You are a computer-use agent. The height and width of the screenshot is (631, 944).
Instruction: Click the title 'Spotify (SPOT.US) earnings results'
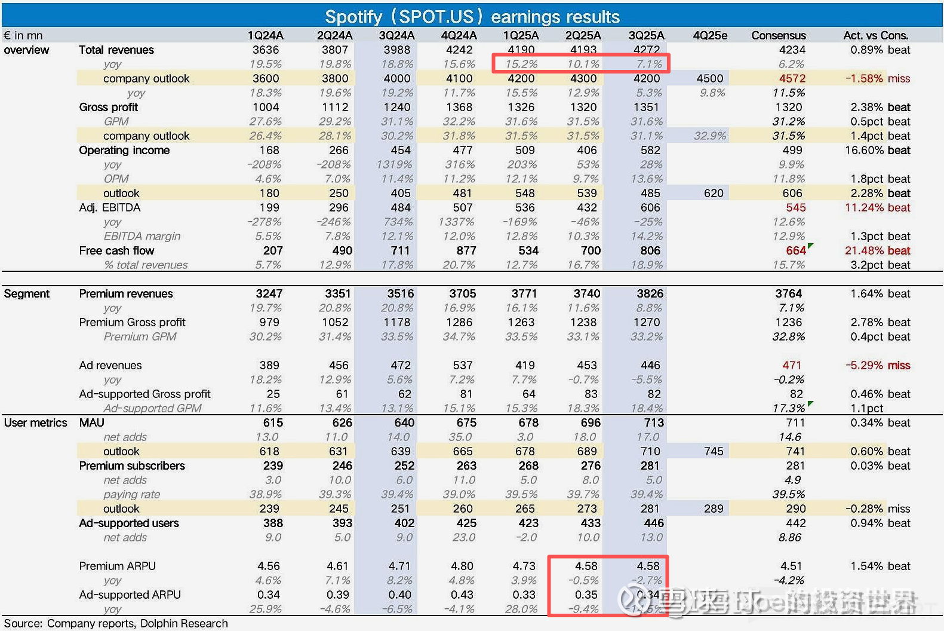(x=472, y=16)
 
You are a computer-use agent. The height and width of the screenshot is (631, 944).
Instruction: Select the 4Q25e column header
(x=710, y=35)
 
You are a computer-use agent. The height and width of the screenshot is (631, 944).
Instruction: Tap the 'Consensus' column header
(x=778, y=35)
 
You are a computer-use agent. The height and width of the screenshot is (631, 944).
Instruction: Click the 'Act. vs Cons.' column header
(x=875, y=35)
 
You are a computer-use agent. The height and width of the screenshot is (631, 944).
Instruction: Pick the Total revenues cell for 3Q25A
(x=647, y=50)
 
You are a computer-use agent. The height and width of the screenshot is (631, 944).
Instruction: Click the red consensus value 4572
(x=792, y=78)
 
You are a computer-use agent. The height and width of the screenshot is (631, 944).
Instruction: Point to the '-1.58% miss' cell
(x=878, y=78)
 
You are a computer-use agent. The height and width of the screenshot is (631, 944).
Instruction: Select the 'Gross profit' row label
(x=108, y=107)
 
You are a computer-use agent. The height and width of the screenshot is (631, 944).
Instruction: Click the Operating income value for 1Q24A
(x=269, y=150)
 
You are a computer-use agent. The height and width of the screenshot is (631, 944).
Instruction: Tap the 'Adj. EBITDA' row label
(x=109, y=207)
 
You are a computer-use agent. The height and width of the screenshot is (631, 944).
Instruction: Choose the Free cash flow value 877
(x=466, y=250)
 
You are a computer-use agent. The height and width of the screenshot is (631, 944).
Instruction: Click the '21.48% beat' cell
(x=877, y=250)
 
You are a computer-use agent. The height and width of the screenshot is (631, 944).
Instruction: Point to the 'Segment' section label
(x=26, y=293)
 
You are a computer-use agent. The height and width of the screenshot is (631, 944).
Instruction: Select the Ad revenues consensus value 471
(x=792, y=365)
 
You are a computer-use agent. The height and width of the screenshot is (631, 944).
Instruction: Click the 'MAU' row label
(x=91, y=422)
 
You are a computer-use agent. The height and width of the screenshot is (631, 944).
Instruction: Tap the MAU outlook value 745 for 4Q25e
(x=714, y=451)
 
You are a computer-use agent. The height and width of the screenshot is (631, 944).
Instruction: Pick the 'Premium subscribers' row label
(x=132, y=465)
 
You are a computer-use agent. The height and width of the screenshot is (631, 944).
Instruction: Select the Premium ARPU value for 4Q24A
(x=462, y=566)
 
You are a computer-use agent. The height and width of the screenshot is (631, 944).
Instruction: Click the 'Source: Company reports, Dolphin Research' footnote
(x=116, y=623)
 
